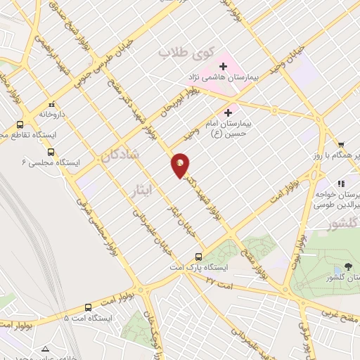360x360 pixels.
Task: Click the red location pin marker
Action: [181, 165]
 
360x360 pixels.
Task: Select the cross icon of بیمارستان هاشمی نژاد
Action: [223, 65]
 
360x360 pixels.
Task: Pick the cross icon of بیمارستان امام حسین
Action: [228, 112]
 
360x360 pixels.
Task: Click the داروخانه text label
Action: [52, 113]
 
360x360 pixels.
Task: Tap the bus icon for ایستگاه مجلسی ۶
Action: [51, 152]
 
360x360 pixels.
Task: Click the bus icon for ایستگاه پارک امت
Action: [199, 257]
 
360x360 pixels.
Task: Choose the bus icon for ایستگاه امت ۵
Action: [88, 307]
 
